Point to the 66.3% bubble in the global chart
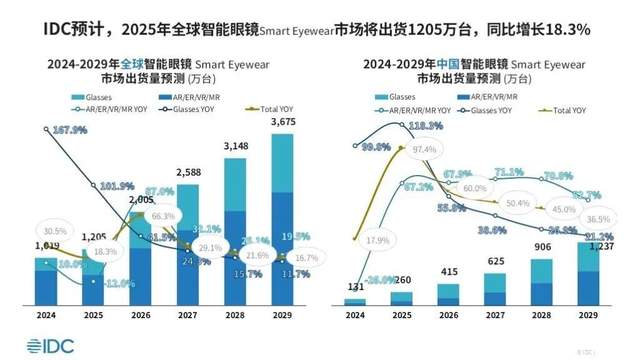pos(163,216)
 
